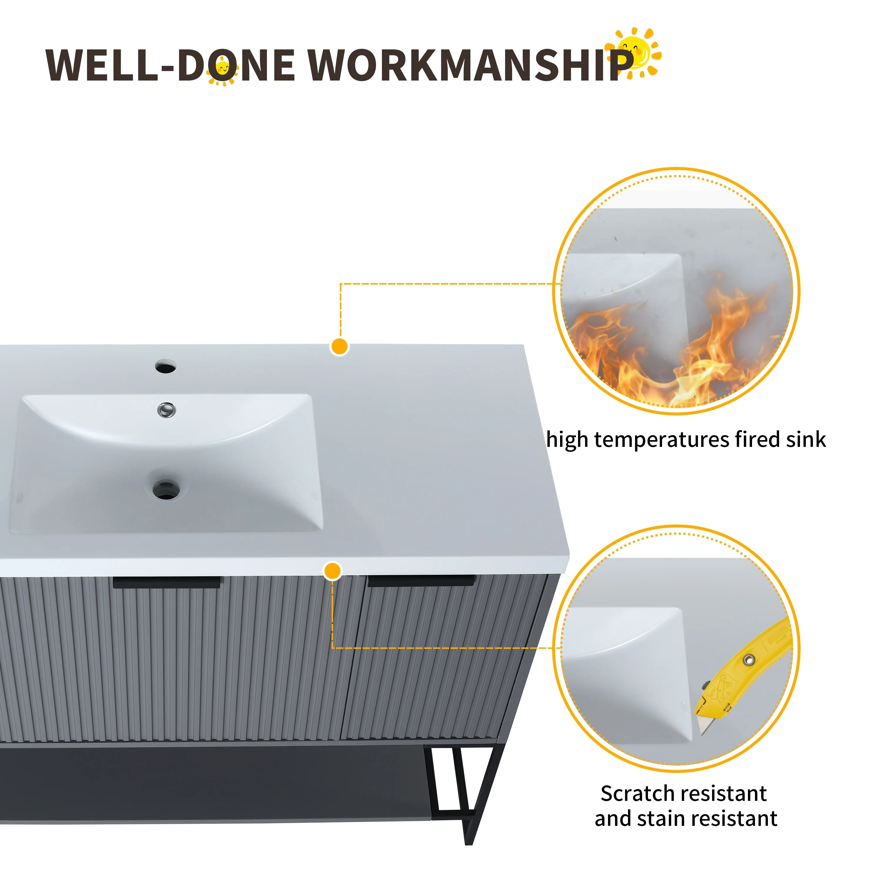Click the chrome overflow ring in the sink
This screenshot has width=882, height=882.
167,410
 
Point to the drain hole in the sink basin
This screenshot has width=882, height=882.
166,490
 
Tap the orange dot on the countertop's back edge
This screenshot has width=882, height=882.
340,347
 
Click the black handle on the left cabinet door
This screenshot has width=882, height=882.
167,582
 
